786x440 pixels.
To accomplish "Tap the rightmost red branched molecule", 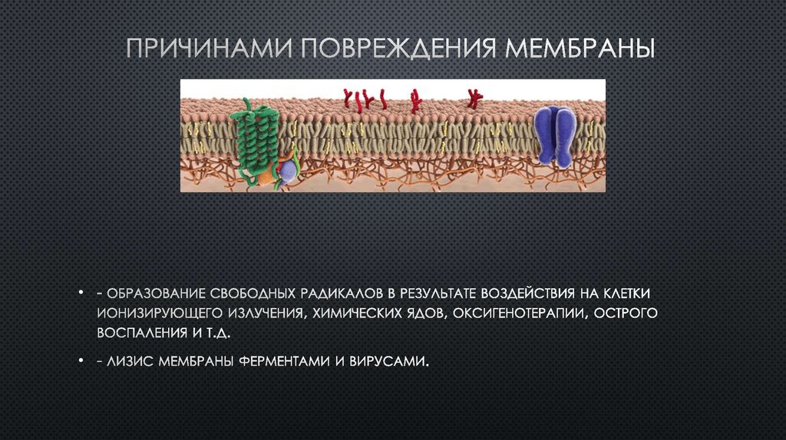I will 474,97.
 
